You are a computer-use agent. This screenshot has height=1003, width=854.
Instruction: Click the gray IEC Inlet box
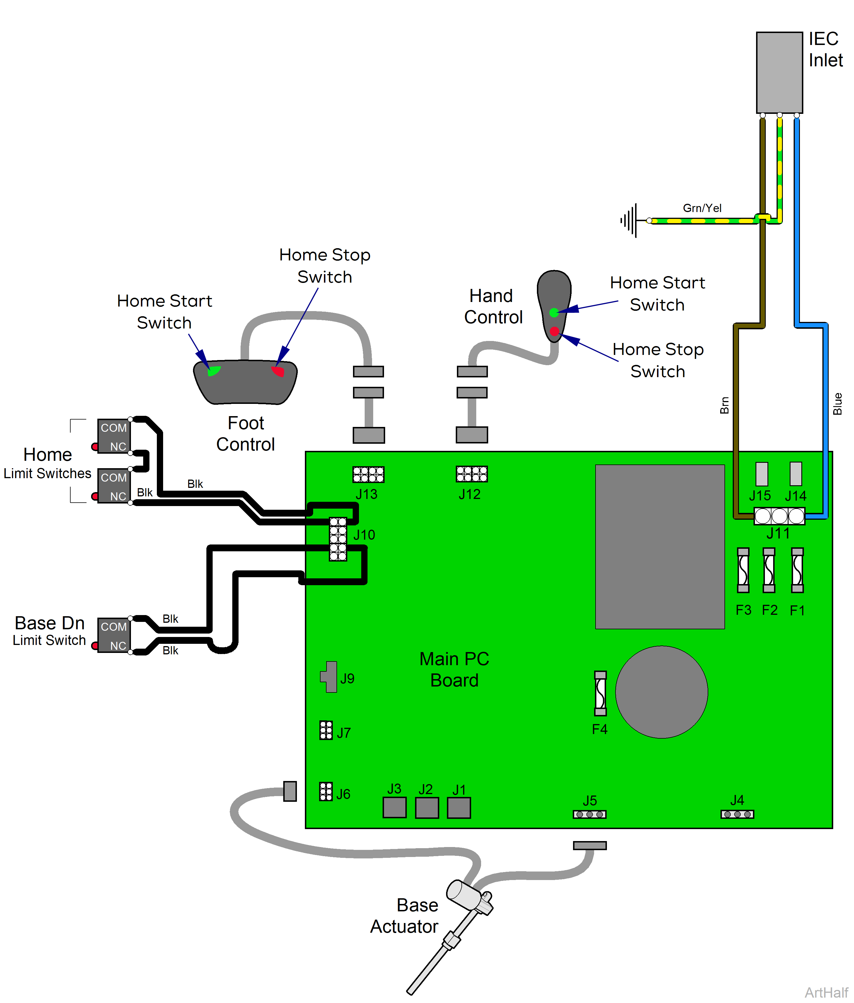click(x=779, y=73)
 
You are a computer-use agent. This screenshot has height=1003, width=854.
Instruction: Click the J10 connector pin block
click(x=338, y=539)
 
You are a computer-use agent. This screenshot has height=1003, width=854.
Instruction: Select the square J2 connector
click(x=426, y=807)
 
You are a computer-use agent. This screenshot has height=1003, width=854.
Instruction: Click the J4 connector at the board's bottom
click(x=736, y=814)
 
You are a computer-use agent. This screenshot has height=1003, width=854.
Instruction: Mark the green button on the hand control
click(x=554, y=313)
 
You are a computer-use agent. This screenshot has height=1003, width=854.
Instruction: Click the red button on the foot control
click(x=278, y=371)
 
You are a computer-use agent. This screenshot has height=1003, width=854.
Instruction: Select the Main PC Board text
click(x=454, y=669)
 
